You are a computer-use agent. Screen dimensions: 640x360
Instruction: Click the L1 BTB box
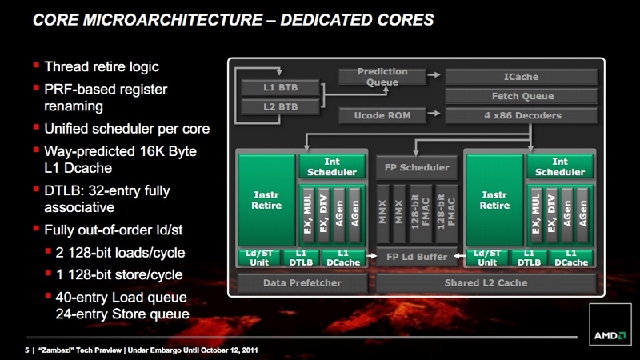tap(280, 87)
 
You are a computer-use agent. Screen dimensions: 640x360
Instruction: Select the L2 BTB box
tap(280, 107)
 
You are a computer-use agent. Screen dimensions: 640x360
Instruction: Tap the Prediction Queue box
tap(382, 77)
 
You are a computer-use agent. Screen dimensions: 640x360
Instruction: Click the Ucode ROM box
tap(382, 115)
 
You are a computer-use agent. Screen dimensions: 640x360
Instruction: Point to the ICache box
tap(522, 77)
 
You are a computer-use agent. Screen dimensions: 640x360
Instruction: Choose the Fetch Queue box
tap(522, 96)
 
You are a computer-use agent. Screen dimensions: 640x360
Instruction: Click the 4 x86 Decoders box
tap(522, 115)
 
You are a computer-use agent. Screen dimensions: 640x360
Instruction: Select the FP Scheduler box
tap(416, 167)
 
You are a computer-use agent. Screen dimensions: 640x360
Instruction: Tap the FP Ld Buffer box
tap(416, 257)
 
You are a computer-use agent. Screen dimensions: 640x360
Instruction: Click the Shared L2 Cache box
tap(486, 283)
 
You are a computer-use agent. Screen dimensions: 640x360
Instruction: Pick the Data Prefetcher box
tap(302, 283)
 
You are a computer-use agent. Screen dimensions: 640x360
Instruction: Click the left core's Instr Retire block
tap(266, 200)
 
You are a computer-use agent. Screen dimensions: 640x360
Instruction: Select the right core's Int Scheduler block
tap(559, 167)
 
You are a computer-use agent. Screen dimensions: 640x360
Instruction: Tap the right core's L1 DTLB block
tap(529, 258)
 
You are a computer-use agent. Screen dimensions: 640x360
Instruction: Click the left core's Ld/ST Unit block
tap(259, 258)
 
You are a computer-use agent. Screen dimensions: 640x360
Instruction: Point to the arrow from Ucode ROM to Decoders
tap(434, 113)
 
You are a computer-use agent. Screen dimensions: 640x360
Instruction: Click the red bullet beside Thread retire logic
tap(36, 65)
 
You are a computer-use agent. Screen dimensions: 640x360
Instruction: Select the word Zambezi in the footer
tap(56, 350)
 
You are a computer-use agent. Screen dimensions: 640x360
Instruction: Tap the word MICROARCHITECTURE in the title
tap(173, 20)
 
